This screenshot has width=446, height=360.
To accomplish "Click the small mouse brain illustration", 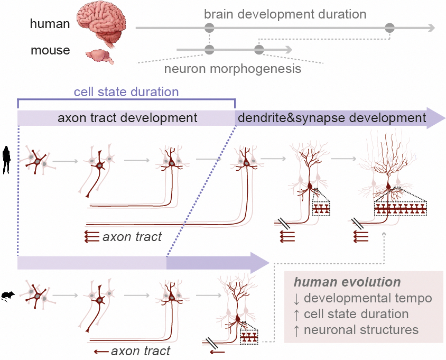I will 99,56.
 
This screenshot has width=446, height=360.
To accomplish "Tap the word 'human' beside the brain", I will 50,24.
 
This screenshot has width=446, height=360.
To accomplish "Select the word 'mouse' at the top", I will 50,51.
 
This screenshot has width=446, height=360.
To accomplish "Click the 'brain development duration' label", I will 285,14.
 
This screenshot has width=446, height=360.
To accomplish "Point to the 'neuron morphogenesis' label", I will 233,69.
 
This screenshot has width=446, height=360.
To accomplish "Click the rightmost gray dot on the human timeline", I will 390,28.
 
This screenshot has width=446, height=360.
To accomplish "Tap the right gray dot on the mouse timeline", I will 258,50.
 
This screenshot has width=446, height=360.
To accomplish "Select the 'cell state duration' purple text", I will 126,91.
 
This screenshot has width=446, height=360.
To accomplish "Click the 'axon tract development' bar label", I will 127,117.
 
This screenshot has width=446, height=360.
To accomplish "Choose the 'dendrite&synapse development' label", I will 332,118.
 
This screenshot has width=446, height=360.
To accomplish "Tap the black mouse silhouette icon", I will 8,295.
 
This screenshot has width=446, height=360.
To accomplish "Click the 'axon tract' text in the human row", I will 132,236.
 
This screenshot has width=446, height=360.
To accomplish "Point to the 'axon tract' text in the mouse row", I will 141,350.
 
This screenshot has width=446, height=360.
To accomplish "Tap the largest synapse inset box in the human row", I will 401,209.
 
